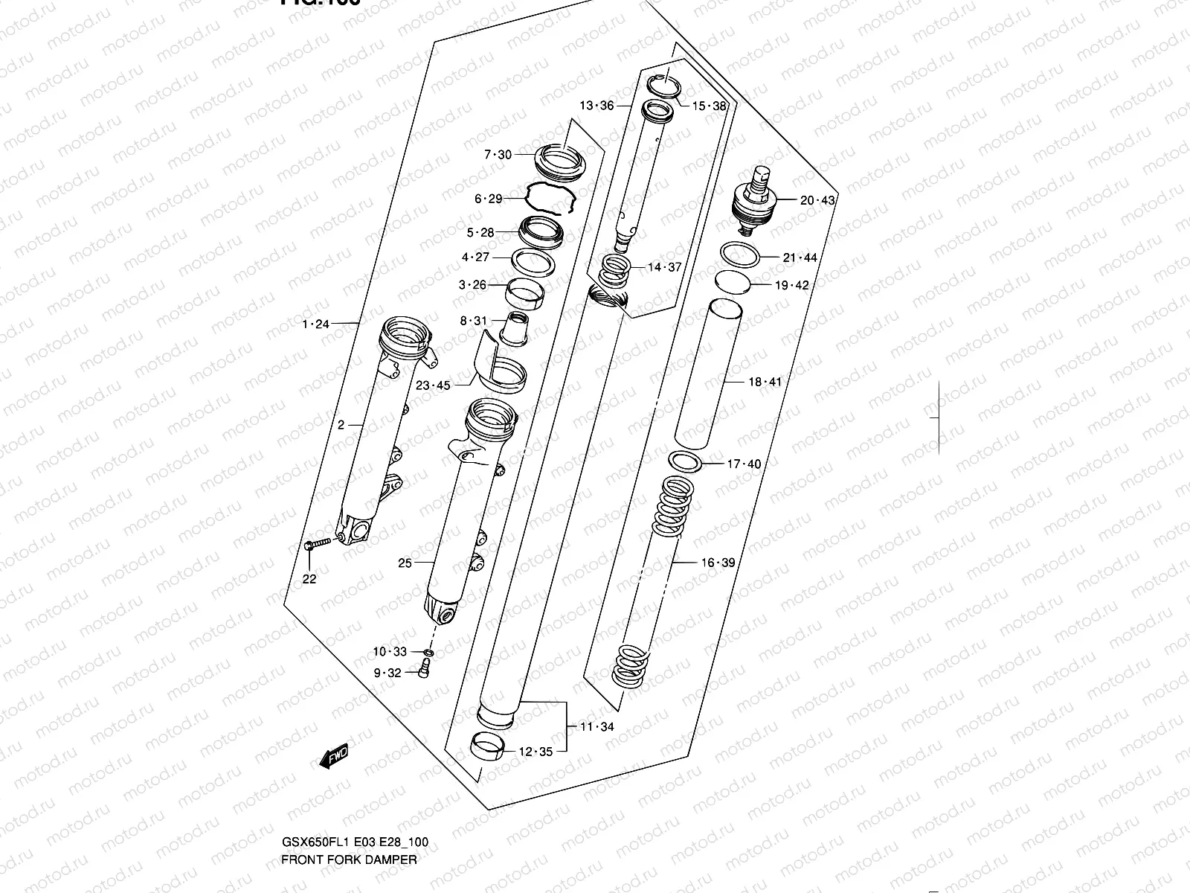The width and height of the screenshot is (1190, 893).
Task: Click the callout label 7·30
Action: (x=498, y=155)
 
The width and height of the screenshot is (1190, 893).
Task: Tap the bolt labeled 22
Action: (x=316, y=546)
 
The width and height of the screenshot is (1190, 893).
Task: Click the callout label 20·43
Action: (x=817, y=200)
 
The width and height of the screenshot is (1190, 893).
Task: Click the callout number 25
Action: (x=405, y=563)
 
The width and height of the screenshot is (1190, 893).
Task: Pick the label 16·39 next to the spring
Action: (x=717, y=563)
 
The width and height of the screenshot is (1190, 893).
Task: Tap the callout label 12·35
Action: (x=535, y=752)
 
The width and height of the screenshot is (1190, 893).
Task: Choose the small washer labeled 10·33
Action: (x=429, y=653)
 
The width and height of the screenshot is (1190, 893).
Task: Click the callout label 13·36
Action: (x=596, y=106)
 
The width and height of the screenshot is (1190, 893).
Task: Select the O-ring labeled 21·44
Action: (x=740, y=255)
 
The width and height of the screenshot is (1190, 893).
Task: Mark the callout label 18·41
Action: (x=765, y=382)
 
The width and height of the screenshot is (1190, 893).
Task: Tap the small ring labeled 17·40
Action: (x=686, y=462)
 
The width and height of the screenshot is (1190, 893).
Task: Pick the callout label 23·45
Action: (x=432, y=385)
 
